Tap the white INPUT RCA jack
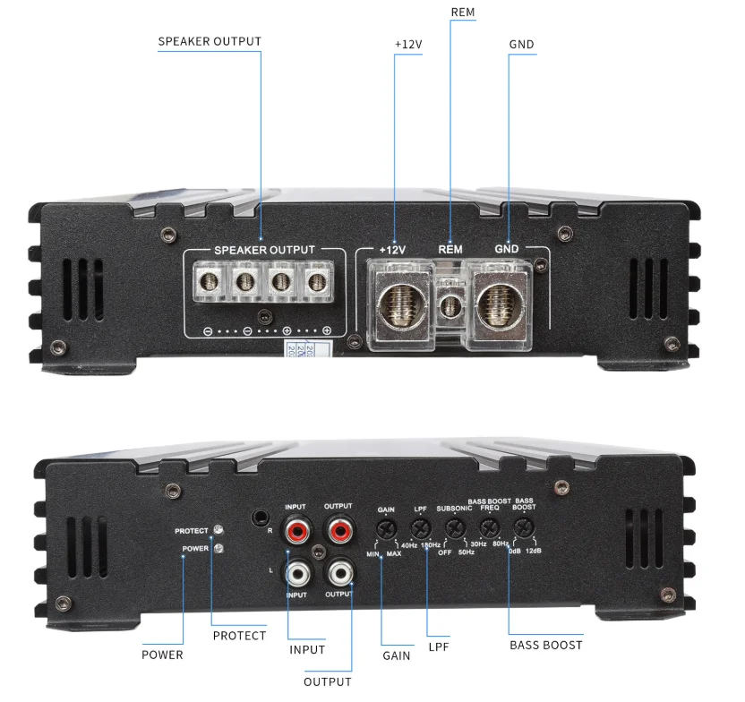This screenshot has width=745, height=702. coord(296,570)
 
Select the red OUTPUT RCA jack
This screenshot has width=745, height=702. coord(338,532)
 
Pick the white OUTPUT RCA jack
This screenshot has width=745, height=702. coord(338,570)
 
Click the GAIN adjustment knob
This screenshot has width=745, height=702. coord(387,528)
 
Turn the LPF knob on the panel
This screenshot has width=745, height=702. coord(420,528)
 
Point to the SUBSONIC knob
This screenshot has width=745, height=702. coord(455,528)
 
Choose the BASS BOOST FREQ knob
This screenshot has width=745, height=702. coord(489,528)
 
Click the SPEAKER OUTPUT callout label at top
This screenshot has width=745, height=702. coord(210,41)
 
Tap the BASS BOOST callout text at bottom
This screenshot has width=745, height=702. coord(545,645)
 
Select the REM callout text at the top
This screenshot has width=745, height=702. coord(463,13)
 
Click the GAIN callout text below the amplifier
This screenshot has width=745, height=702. coord(396,655)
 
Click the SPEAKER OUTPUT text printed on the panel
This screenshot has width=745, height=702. coord(264,250)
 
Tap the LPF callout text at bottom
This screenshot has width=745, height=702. coord(439,646)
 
